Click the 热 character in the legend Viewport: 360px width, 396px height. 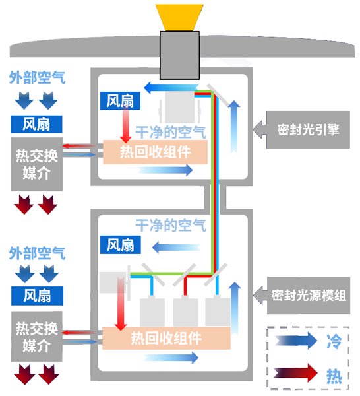(x=334, y=375)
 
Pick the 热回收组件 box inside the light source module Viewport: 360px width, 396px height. (x=165, y=339)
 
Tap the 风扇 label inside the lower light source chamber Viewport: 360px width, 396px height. (x=119, y=244)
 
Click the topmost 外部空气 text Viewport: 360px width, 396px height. (x=37, y=78)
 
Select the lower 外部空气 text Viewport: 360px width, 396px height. (x=37, y=253)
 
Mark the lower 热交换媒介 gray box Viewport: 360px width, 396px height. (x=38, y=337)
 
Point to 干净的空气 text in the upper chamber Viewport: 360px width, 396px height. (x=171, y=131)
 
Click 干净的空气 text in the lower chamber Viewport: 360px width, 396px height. (x=171, y=225)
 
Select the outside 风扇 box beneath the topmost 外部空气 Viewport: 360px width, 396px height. (x=37, y=123)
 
